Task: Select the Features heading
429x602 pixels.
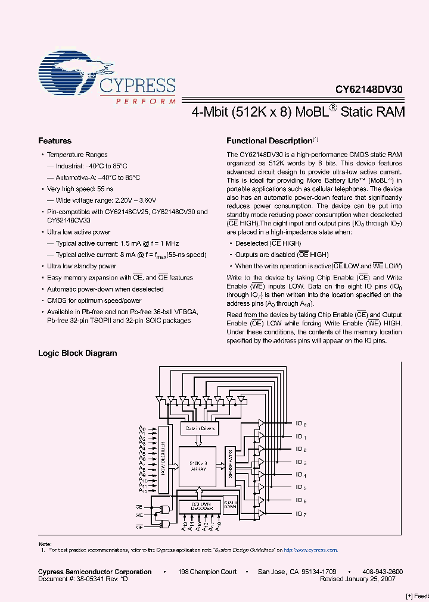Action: [x=55, y=141]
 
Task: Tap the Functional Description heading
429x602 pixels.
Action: [x=269, y=141]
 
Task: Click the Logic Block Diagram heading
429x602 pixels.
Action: [x=77, y=353]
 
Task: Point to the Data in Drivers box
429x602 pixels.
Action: [x=200, y=428]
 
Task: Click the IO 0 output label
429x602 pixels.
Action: [x=301, y=424]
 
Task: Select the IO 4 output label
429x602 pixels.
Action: [x=301, y=475]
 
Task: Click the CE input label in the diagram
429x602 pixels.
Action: [x=139, y=506]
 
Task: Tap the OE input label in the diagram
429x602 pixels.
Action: [x=139, y=526]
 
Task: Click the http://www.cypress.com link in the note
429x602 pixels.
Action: [x=310, y=550]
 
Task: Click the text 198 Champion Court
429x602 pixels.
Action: [x=207, y=572]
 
